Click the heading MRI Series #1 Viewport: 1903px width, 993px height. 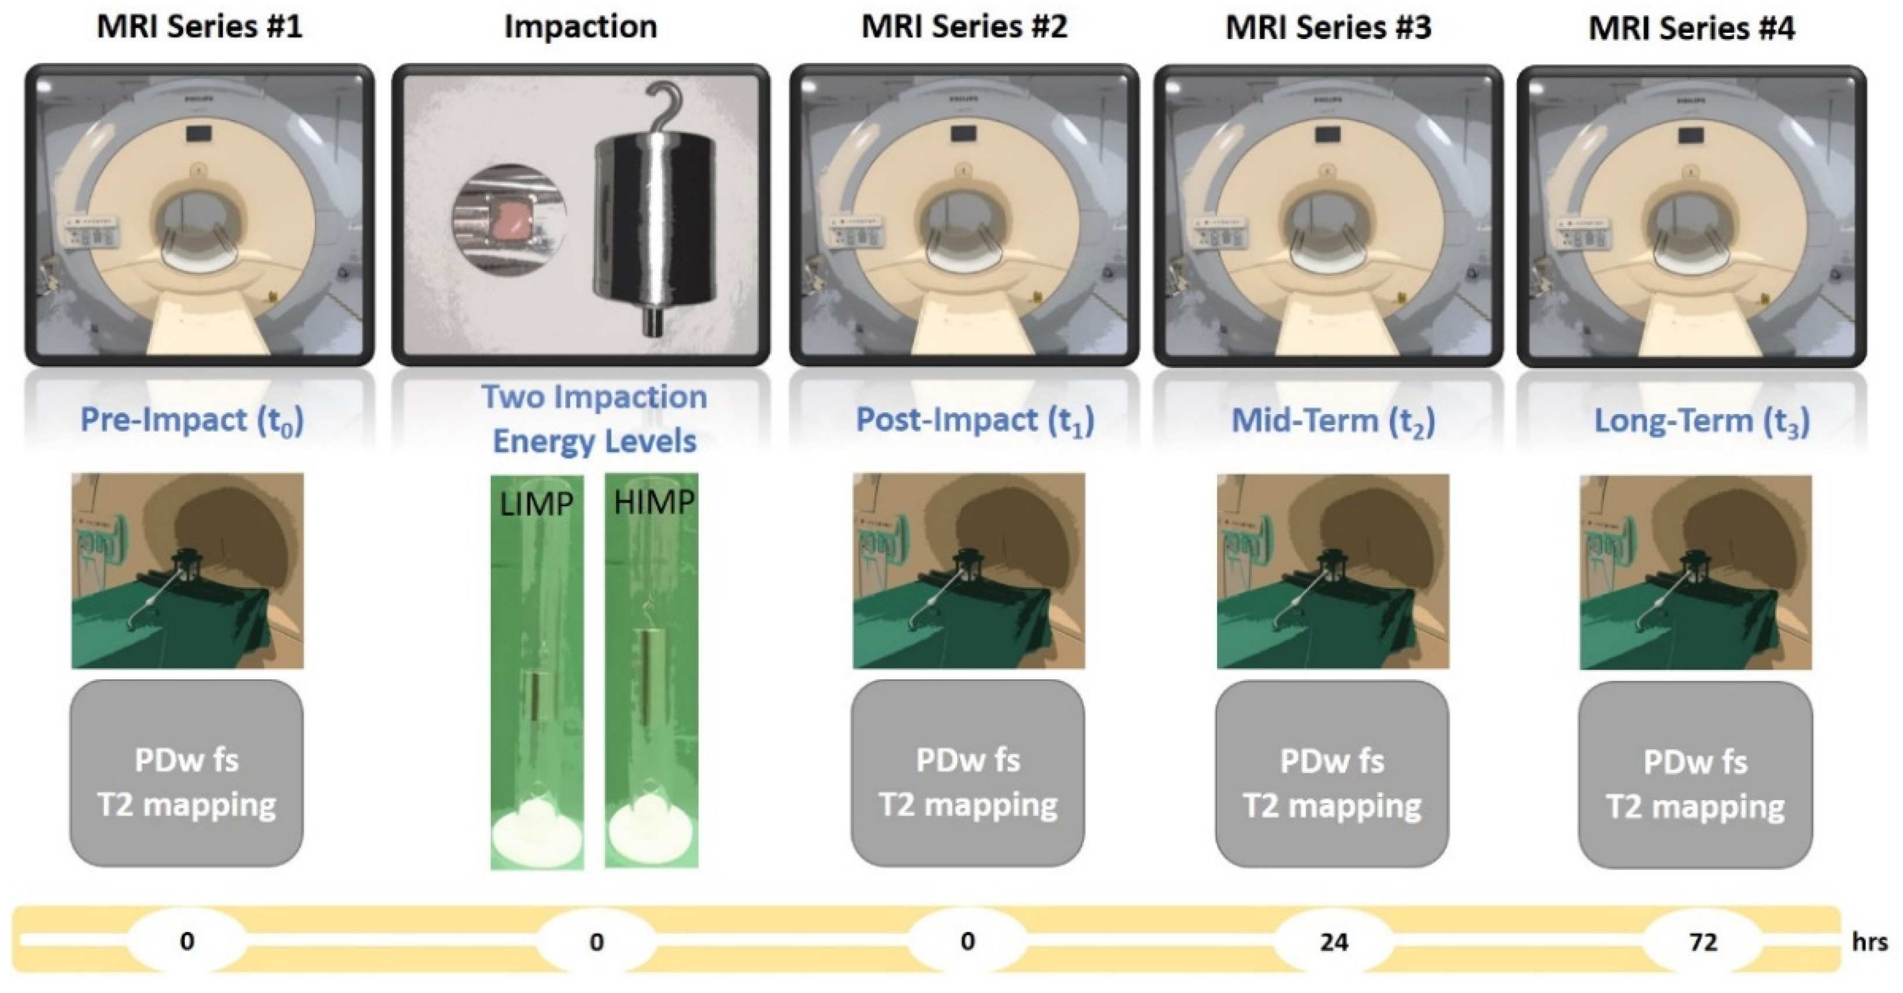pyautogui.click(x=199, y=27)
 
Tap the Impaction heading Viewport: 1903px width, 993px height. pyautogui.click(x=581, y=27)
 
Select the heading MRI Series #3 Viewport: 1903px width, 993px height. pyautogui.click(x=1328, y=28)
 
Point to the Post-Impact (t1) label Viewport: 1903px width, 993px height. pyautogui.click(x=975, y=421)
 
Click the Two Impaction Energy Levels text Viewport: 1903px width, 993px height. pyautogui.click(x=595, y=419)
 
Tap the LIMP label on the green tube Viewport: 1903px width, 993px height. pyautogui.click(x=537, y=504)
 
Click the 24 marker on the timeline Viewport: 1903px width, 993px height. pyautogui.click(x=1334, y=942)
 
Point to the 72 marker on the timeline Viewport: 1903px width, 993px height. pyautogui.click(x=1704, y=942)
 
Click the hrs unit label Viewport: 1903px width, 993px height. pyautogui.click(x=1870, y=942)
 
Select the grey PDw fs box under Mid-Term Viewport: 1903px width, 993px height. pyautogui.click(x=1332, y=774)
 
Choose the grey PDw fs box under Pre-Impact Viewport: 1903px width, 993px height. pyautogui.click(x=186, y=773)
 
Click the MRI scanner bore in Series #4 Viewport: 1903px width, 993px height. pyautogui.click(x=1692, y=222)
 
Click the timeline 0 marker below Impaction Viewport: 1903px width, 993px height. pyautogui.click(x=596, y=942)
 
